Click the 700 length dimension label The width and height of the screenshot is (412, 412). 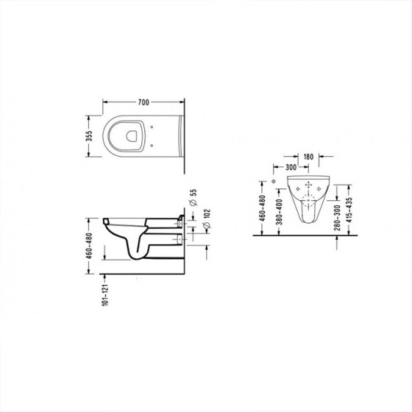pos(143,102)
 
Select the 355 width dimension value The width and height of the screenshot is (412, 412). pos(89,136)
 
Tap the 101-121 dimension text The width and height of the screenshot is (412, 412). pos(104,295)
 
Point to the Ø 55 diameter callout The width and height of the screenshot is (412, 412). pos(193,197)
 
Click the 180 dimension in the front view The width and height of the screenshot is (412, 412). pos(308,157)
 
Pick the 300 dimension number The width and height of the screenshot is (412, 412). pos(291,167)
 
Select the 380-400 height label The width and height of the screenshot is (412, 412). pos(280,212)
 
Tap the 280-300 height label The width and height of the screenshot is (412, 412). pos(338,218)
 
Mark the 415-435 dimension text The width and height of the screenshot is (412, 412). pos(349,210)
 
